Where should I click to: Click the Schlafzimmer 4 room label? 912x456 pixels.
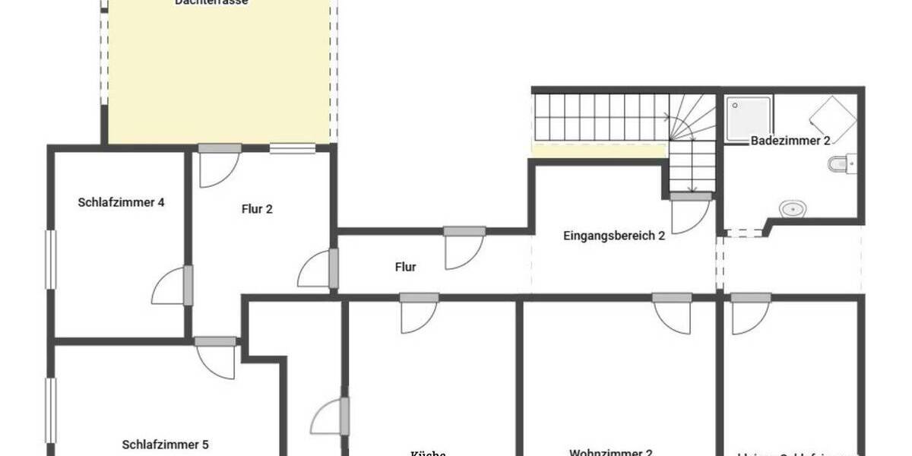point(121,202)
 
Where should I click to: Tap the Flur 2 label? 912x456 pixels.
point(258,209)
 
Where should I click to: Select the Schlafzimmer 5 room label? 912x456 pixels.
point(165,445)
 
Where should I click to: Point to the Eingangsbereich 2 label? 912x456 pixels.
point(614,236)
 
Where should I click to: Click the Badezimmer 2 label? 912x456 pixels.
point(790,141)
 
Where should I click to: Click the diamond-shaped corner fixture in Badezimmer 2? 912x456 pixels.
point(833,119)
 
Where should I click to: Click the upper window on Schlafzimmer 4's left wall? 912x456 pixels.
point(51,260)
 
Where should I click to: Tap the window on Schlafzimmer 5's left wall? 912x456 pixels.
point(51,410)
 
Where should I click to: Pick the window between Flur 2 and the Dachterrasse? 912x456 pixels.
point(293,148)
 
